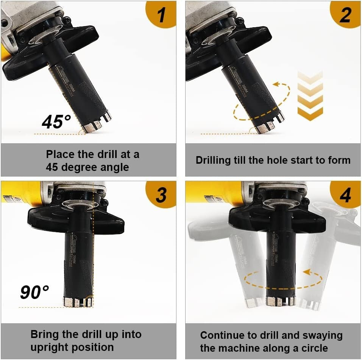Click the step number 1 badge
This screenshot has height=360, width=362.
[162, 14]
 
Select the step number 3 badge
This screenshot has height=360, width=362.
[162, 195]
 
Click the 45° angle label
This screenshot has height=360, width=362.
[56, 122]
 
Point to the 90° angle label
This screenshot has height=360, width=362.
[34, 293]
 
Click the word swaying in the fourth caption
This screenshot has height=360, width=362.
[322, 335]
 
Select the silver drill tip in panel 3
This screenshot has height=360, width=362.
[78, 302]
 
